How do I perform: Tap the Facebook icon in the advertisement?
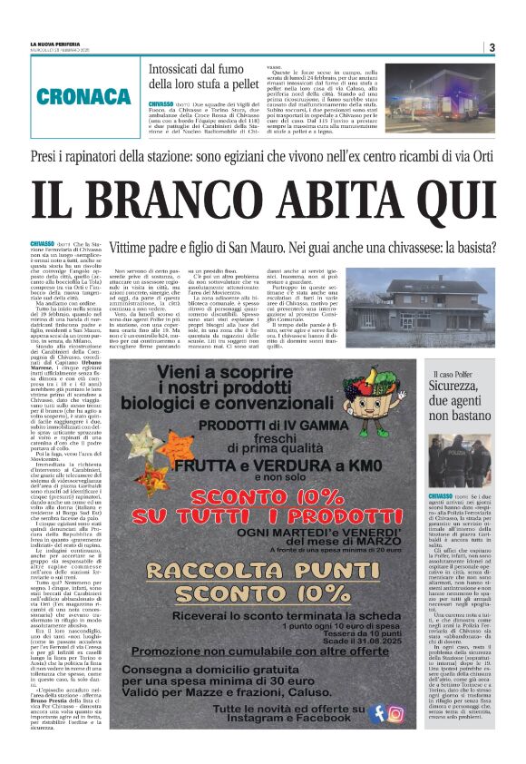pos(376,712)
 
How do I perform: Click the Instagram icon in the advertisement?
pos(395,712)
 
